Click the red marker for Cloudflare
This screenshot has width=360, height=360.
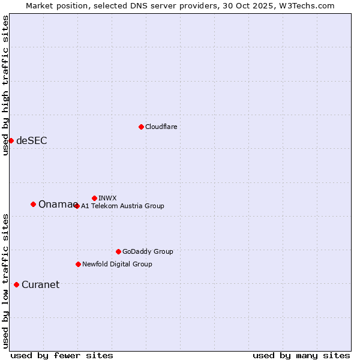point(141,127)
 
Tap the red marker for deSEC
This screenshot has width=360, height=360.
point(11,140)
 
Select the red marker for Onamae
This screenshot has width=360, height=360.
point(33,204)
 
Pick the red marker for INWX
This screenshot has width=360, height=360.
point(94,198)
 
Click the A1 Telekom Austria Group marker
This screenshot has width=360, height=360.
point(77,206)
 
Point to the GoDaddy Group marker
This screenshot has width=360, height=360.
point(118,251)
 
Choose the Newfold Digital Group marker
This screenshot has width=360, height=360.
point(78,264)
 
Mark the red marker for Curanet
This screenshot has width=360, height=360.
point(16,284)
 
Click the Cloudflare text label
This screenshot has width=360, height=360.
point(161,127)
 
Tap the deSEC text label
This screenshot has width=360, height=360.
point(31,141)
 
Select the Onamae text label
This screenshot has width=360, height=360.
point(56,205)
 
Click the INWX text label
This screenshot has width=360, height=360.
point(107,198)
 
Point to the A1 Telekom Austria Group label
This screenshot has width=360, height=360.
point(122,206)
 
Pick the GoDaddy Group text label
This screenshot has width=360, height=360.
point(148,251)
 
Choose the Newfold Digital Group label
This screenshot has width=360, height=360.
point(117,264)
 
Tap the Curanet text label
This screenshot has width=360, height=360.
point(40,285)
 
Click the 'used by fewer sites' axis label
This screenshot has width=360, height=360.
point(62,355)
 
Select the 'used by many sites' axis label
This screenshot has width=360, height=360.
point(301,355)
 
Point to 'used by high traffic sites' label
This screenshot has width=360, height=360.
point(5,85)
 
